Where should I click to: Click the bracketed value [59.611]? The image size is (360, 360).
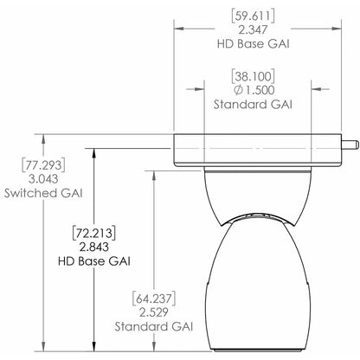(247, 15)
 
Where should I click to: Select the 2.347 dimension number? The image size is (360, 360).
(247, 29)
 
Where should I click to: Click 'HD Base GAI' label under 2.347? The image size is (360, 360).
(247, 44)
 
